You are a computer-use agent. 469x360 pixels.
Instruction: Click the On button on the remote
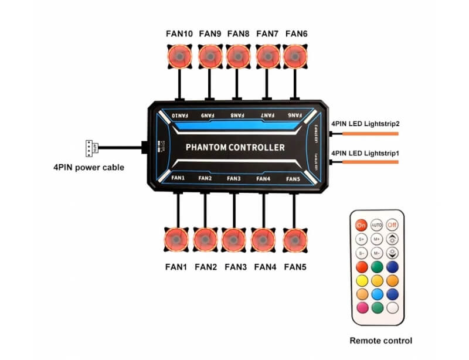(x=361, y=225)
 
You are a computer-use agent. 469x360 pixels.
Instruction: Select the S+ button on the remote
(x=361, y=239)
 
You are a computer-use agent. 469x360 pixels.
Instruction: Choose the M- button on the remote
(x=376, y=253)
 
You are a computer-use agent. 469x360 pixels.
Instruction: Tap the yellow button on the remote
(x=361, y=279)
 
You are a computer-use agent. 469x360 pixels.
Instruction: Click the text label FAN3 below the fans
(x=235, y=267)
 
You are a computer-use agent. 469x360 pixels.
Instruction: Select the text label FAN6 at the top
(x=296, y=33)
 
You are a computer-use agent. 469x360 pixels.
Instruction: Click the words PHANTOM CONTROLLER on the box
(x=235, y=147)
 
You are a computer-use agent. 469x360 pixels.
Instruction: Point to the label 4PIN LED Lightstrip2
(x=365, y=124)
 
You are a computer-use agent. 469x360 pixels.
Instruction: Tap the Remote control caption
(x=380, y=340)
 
